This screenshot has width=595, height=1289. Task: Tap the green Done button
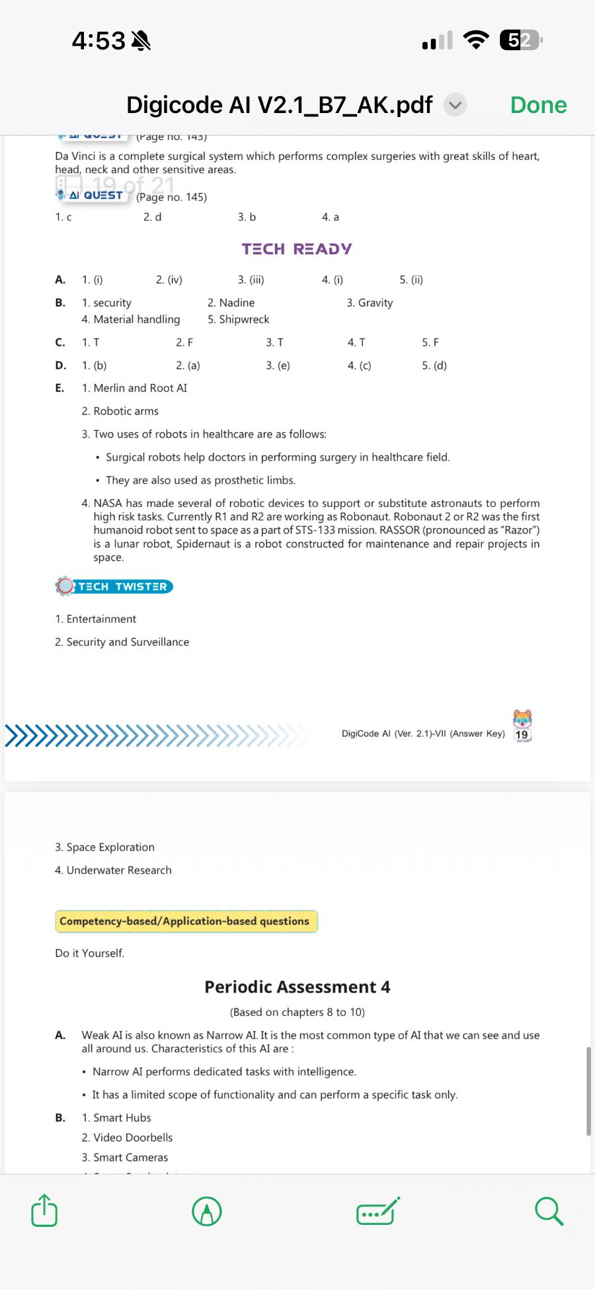pos(538,105)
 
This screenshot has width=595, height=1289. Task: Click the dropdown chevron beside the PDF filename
pos(455,105)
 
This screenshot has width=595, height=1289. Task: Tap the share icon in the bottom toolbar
pos(44,1211)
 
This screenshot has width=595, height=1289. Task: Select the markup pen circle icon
pos(206,1212)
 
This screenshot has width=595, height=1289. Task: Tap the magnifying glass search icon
pos(549,1211)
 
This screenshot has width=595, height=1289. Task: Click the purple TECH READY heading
pos(297,249)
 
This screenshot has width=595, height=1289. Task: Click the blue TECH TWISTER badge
pos(115,586)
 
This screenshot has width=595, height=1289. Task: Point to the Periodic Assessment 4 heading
pos(297,987)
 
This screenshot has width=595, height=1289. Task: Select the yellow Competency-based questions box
pos(186,921)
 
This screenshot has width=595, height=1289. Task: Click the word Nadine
pos(237,303)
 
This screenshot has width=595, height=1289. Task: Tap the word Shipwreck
pos(244,319)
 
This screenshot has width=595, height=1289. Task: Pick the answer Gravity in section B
pos(375,303)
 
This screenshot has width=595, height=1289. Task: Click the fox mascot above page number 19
pos(522,718)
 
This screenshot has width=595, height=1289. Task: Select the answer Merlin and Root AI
pos(140,388)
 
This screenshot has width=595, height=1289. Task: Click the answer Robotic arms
pos(126,411)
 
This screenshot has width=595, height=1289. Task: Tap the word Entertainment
pos(101,619)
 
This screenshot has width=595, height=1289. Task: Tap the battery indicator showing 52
pos(521,40)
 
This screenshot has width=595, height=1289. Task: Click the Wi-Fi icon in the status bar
pos(476,40)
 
